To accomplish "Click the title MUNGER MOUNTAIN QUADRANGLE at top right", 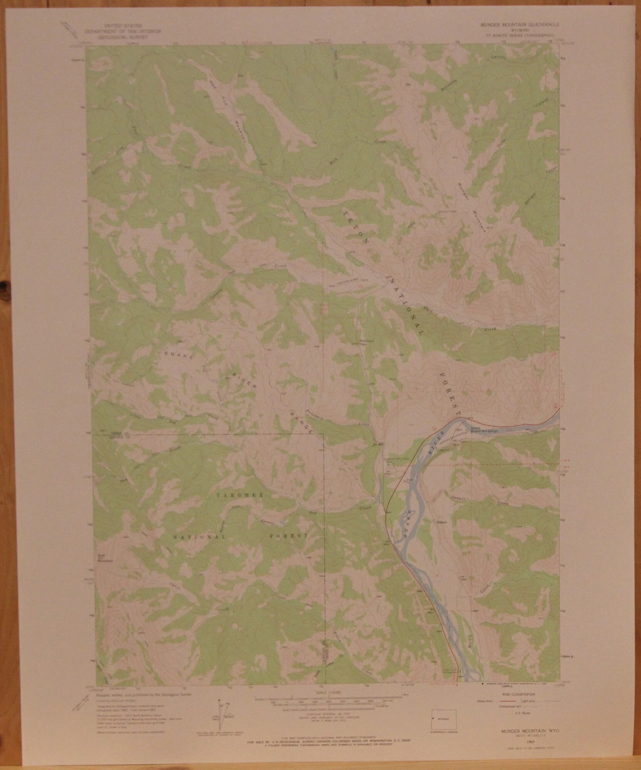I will (518, 24).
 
